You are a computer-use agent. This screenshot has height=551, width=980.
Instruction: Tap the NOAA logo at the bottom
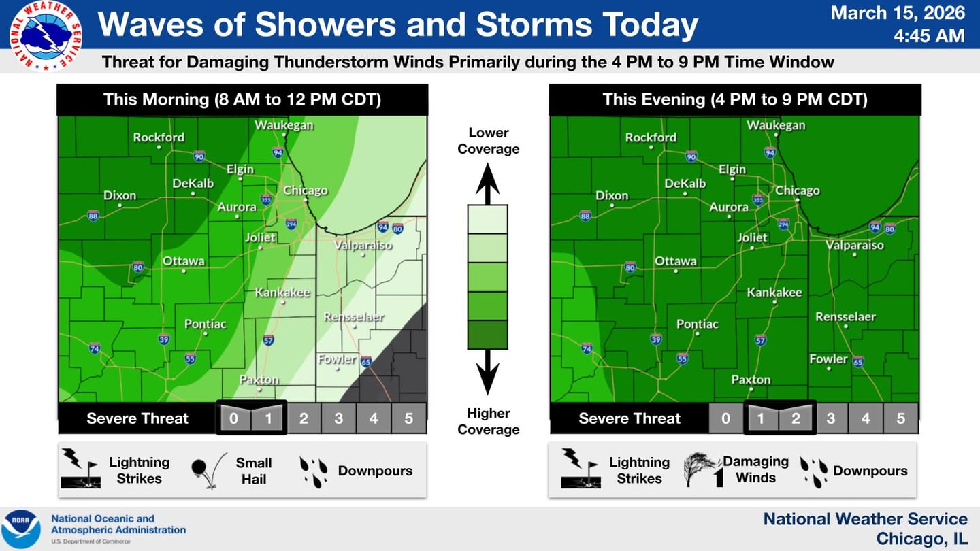click(20, 529)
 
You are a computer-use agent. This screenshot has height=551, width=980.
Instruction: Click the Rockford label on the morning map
click(159, 137)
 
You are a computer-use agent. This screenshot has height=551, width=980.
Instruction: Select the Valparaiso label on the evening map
click(855, 246)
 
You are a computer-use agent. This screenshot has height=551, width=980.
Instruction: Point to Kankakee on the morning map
click(282, 293)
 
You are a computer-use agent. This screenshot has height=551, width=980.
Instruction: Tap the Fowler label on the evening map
click(829, 359)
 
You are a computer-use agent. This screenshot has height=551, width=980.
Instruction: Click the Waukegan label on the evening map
click(776, 125)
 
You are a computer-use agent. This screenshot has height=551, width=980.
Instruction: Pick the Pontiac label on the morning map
click(206, 324)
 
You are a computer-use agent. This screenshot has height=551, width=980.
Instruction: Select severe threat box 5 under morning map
click(408, 418)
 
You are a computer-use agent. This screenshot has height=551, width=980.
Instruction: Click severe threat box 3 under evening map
click(830, 418)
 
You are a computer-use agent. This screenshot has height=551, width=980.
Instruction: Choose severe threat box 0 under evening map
click(725, 418)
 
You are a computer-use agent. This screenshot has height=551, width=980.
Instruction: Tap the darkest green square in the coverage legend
click(487, 335)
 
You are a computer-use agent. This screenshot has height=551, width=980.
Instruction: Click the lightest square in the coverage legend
click(487, 219)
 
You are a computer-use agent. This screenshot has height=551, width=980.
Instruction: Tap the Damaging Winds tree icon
click(701, 469)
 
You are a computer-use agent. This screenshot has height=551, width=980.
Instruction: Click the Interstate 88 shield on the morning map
click(93, 216)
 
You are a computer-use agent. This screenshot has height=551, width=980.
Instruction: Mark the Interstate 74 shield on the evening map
click(587, 349)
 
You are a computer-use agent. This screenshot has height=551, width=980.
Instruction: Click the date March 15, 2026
click(898, 13)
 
